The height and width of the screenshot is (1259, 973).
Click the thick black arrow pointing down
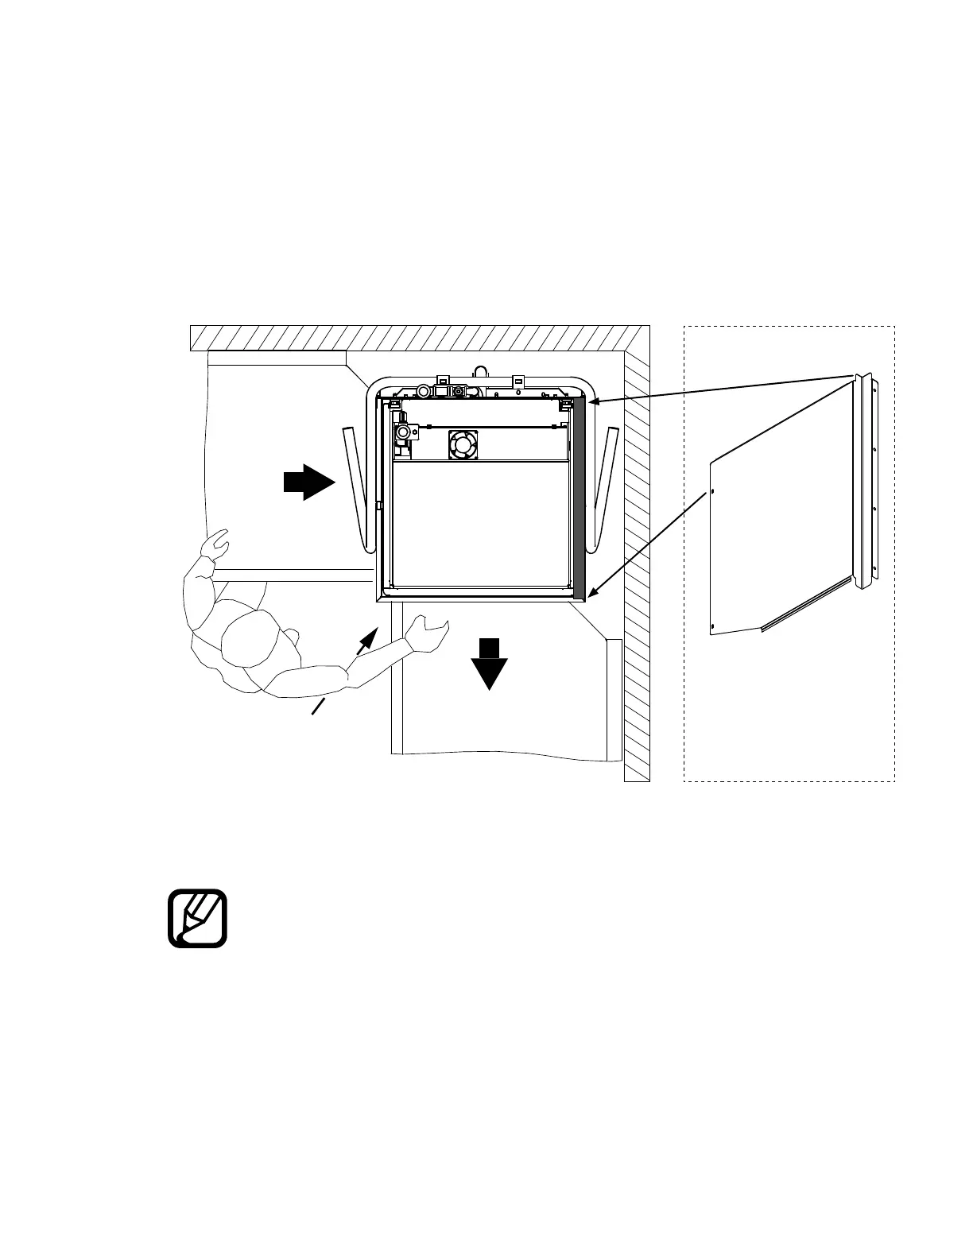[489, 664]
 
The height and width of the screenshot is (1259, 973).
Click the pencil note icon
[198, 919]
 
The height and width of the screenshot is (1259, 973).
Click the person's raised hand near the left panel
[217, 546]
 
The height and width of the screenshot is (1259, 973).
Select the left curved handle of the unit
[355, 489]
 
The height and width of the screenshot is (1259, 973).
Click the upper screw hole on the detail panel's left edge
[713, 490]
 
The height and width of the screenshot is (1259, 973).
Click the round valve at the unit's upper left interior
[405, 433]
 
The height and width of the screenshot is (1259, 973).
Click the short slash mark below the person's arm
[319, 707]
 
